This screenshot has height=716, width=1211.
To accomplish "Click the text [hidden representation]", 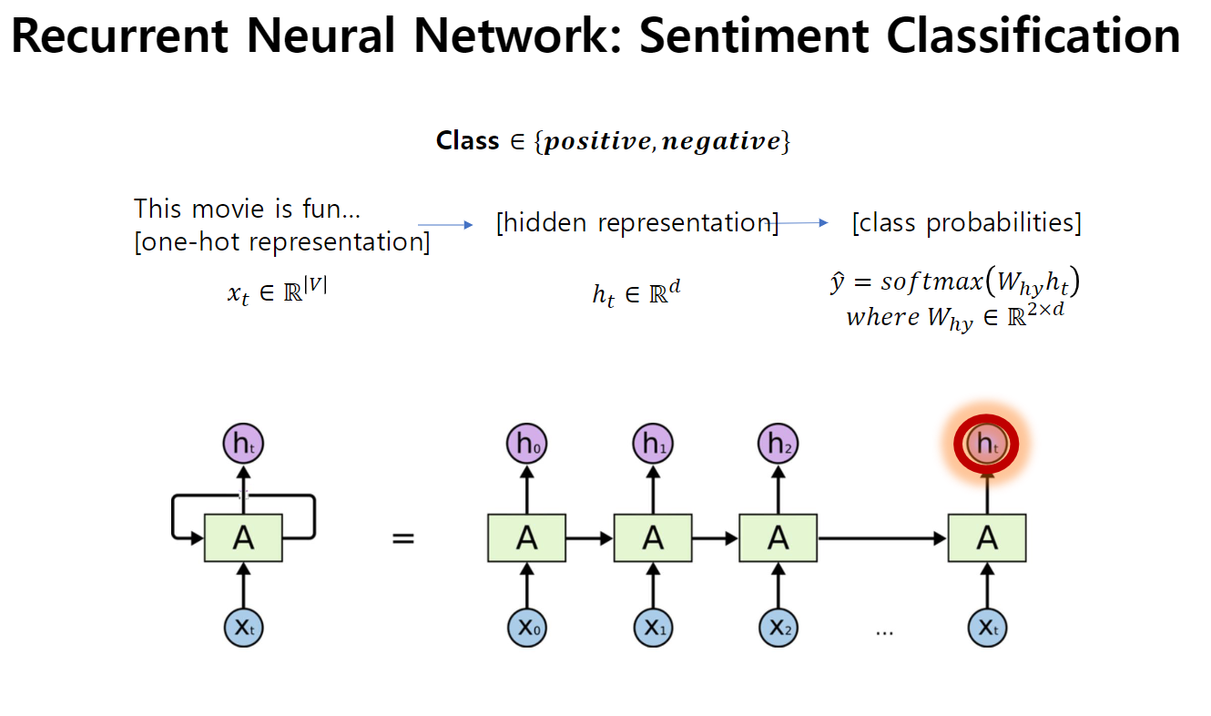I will [636, 223].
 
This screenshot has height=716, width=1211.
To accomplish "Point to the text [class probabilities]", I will [966, 223].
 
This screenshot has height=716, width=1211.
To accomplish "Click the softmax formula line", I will [954, 284].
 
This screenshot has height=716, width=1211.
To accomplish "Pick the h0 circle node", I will [527, 445].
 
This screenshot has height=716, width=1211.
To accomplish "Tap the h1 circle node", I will [653, 445].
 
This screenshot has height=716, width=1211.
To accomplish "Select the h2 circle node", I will [778, 445].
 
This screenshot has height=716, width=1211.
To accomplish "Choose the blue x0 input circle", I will [527, 628].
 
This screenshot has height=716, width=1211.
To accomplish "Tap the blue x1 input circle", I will [653, 628].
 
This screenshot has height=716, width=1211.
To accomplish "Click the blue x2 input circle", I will [778, 628].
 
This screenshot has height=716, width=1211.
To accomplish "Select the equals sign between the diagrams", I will [402, 538].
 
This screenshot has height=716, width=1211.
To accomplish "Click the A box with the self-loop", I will [243, 538].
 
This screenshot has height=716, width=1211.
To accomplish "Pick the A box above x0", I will [527, 538].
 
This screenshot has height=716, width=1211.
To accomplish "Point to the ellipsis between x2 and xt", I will [884, 631].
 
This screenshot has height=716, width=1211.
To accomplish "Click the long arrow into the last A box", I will [882, 538].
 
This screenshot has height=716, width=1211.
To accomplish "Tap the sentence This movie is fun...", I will [248, 209].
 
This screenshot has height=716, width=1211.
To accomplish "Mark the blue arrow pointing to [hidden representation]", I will [446, 224].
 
